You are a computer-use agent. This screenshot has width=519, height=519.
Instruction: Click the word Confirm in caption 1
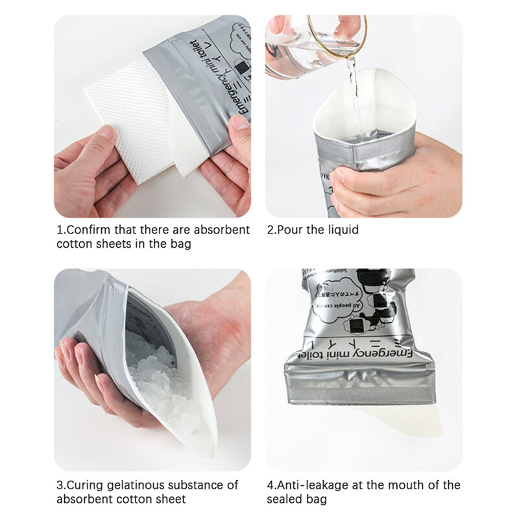point(86,230)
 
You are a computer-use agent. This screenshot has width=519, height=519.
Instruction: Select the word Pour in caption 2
point(291,230)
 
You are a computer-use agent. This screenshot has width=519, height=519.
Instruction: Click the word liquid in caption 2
point(344,230)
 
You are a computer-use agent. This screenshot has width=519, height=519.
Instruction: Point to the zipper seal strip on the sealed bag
point(367,393)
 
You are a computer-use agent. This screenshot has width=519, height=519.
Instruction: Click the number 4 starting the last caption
point(270,485)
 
